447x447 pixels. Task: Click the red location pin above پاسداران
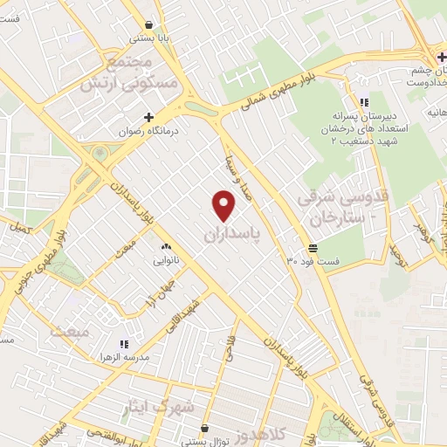click(224, 206)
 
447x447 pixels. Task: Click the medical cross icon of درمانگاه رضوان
click(148, 117)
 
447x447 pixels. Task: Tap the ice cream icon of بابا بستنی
click(151, 25)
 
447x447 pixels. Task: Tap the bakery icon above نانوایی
click(165, 246)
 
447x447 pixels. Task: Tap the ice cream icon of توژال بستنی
click(205, 429)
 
